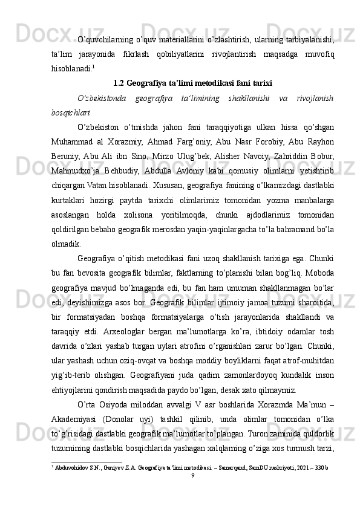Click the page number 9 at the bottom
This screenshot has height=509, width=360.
pos(192,491)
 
